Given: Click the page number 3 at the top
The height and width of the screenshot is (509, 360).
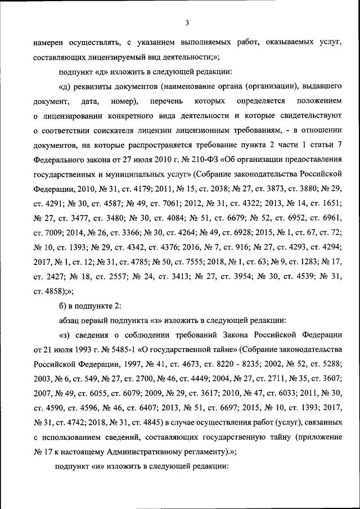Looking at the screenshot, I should (x=186, y=22).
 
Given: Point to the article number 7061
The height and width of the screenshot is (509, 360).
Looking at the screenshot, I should (x=179, y=203).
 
